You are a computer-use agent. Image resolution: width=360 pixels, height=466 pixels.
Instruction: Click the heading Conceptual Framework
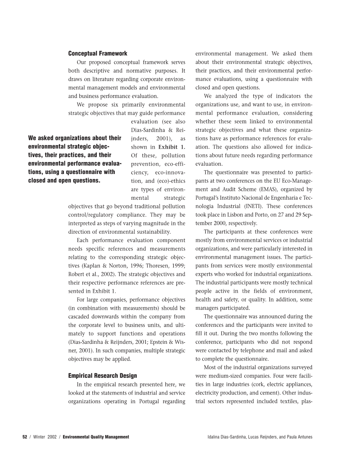[98, 53]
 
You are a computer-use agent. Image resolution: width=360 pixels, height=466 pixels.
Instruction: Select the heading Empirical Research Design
[102, 376]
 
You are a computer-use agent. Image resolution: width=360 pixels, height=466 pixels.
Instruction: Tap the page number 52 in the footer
[25, 437]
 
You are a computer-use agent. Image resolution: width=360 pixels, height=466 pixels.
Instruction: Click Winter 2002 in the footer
[45, 437]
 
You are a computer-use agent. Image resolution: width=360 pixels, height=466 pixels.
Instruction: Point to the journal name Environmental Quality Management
[96, 437]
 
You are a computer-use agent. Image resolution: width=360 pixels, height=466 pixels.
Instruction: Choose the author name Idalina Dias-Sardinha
[227, 437]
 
